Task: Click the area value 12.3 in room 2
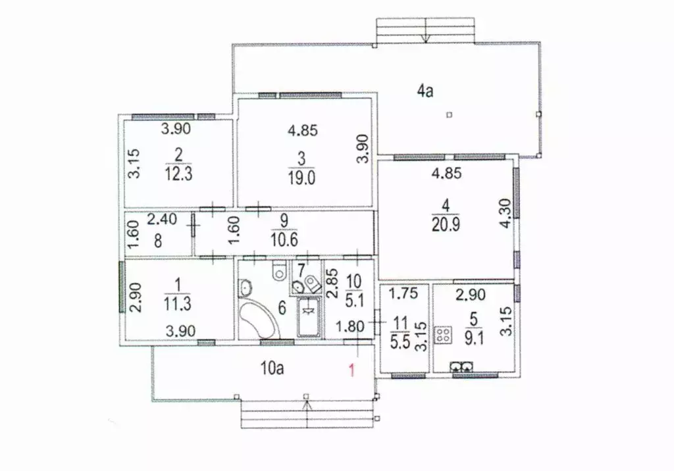click(x=178, y=174)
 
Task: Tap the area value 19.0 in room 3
click(x=301, y=177)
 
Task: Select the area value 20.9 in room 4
click(x=446, y=224)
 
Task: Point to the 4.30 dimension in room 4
click(x=506, y=213)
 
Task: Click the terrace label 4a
click(x=425, y=91)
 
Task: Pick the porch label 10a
click(x=272, y=368)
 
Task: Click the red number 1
click(x=352, y=370)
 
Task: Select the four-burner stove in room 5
click(x=444, y=335)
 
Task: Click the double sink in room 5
click(x=461, y=366)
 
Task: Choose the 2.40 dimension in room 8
click(x=162, y=219)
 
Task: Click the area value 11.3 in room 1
click(x=178, y=304)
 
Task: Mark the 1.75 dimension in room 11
click(x=403, y=293)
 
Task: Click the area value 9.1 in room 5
click(x=474, y=339)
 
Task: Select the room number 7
click(x=301, y=270)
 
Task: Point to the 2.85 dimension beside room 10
click(x=332, y=284)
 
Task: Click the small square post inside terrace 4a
click(x=449, y=114)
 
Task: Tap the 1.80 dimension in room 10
click(x=350, y=326)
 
